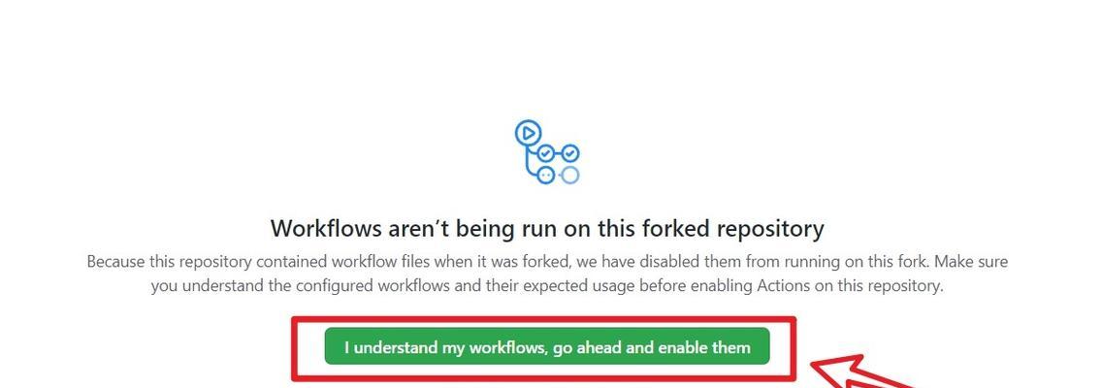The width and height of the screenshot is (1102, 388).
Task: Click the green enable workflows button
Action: pyautogui.click(x=547, y=346)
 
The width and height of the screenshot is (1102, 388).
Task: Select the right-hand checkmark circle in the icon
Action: pyautogui.click(x=570, y=152)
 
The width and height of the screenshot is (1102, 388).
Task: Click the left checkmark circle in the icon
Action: pyautogui.click(x=545, y=153)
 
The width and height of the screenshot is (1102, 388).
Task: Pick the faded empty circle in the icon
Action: pyautogui.click(x=570, y=175)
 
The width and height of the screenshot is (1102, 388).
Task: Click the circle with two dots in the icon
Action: pyautogui.click(x=545, y=175)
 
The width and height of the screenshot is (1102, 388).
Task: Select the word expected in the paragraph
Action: pyautogui.click(x=519, y=287)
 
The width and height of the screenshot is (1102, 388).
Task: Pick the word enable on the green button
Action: pyautogui.click(x=677, y=347)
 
